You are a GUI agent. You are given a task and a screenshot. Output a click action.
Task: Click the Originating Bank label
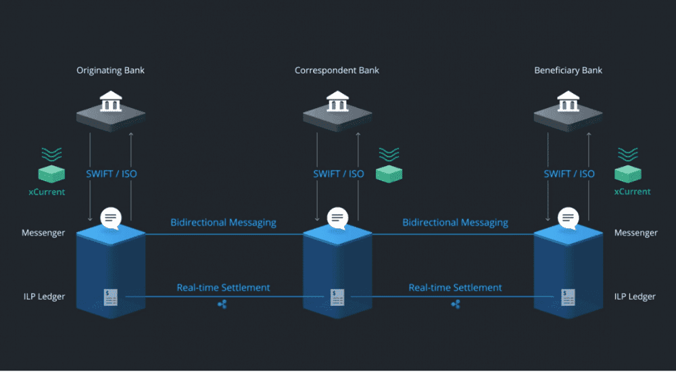(111, 70)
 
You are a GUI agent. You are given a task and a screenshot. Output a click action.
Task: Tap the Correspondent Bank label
(337, 70)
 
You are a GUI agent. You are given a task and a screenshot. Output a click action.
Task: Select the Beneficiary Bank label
(568, 70)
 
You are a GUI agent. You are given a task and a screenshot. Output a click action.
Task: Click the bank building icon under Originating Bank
(111, 103)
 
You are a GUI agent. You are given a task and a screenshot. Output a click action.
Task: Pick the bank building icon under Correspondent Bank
(337, 103)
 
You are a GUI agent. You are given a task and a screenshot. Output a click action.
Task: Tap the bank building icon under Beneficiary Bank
(568, 103)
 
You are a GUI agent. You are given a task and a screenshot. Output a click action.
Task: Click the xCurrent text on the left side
(47, 192)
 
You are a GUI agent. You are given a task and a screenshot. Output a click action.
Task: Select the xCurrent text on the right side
(632, 192)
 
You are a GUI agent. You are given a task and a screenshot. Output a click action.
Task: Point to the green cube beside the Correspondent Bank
(389, 174)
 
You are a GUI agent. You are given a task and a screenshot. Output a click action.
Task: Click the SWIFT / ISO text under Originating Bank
(111, 174)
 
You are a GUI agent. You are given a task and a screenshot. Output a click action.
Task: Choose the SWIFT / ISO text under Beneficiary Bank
(569, 174)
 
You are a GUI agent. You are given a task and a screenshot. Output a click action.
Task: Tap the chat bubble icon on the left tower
(111, 218)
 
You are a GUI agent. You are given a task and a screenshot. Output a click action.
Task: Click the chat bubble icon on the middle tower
(337, 218)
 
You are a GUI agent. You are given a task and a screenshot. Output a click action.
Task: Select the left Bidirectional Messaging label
(223, 222)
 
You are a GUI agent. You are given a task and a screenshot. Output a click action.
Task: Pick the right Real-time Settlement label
(455, 288)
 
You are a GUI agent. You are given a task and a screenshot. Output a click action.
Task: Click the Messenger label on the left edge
(43, 233)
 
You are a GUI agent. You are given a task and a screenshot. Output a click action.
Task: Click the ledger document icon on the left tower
(111, 296)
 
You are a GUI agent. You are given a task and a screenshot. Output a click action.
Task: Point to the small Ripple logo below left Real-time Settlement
(223, 305)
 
